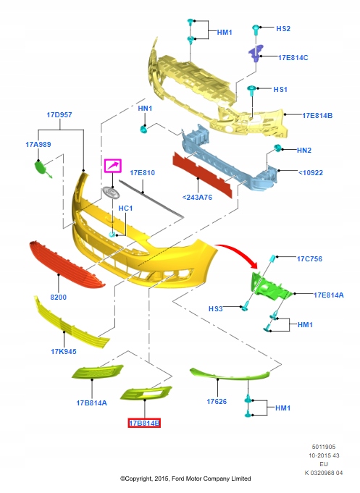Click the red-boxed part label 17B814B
[x=144, y=424]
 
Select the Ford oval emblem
[x=111, y=192]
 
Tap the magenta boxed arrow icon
[x=113, y=166]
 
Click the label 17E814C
[x=293, y=57]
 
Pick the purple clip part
[x=256, y=54]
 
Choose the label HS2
[x=283, y=29]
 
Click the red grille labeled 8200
[x=67, y=265]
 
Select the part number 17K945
[x=64, y=352]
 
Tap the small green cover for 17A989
[x=41, y=167]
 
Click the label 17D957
[x=59, y=115]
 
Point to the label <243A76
[x=197, y=198]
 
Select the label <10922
[x=310, y=172]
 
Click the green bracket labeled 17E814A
[x=270, y=286]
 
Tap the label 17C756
[x=309, y=258]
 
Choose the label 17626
[x=217, y=401]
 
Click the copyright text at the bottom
[x=185, y=479]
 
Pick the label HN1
[x=145, y=109]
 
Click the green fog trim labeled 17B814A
[x=98, y=371]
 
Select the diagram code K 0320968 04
[x=324, y=473]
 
